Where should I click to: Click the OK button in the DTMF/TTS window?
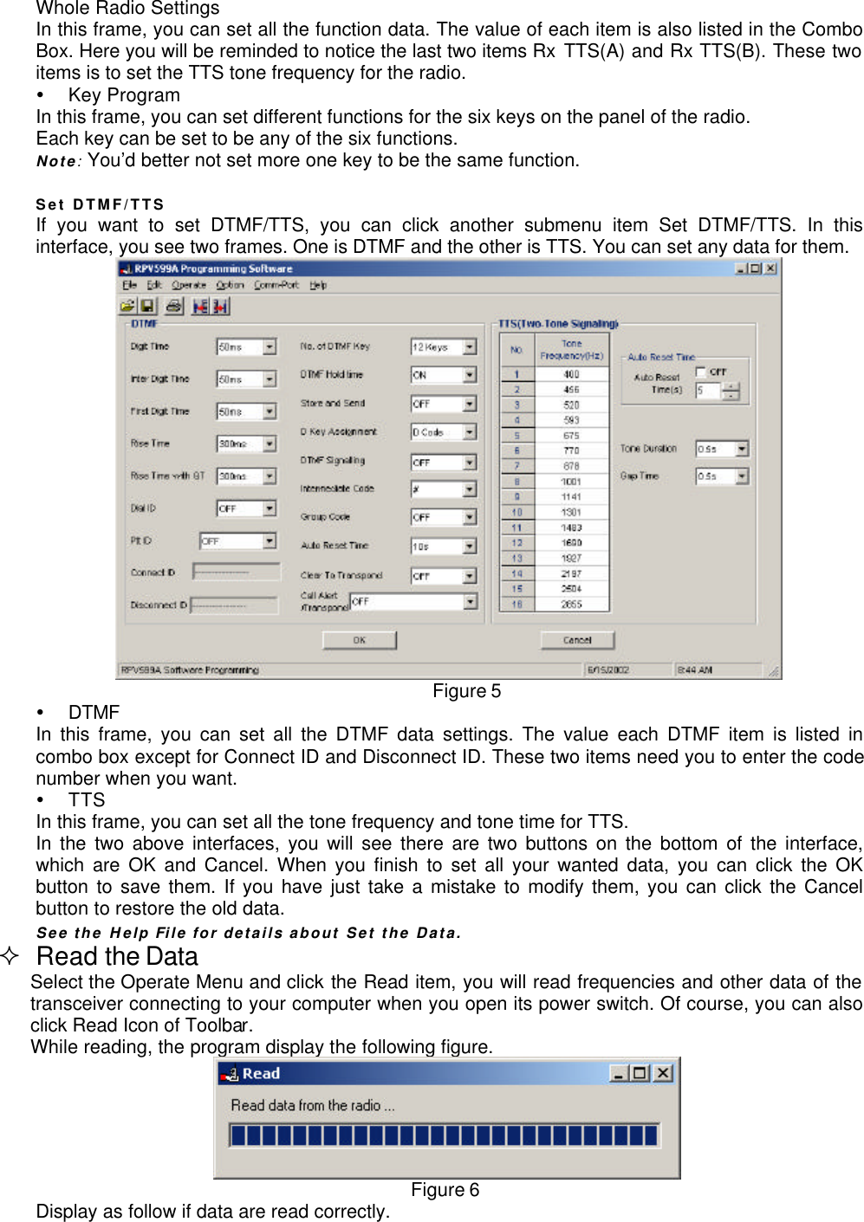pyautogui.click(x=359, y=640)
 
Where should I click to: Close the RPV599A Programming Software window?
pyautogui.click(x=770, y=268)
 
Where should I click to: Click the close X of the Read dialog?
pyautogui.click(x=663, y=1073)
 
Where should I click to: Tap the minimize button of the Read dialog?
pyautogui.click(x=619, y=1073)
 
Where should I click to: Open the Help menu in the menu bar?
pyautogui.click(x=318, y=285)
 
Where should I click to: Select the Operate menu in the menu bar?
pyautogui.click(x=188, y=285)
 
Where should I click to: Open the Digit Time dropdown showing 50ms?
pyautogui.click(x=270, y=346)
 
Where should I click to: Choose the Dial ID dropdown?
pyautogui.click(x=270, y=508)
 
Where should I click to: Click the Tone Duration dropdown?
pyautogui.click(x=742, y=449)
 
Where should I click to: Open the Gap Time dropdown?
pyautogui.click(x=742, y=476)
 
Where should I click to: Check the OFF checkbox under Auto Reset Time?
pyautogui.click(x=701, y=372)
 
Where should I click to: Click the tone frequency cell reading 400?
pyautogui.click(x=571, y=375)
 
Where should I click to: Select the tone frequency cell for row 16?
pyautogui.click(x=571, y=605)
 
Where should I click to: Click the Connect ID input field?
pyautogui.click(x=236, y=572)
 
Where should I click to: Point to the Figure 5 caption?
pyautogui.click(x=466, y=691)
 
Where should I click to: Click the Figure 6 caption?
pyautogui.click(x=445, y=1190)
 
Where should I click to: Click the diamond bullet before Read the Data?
pyautogui.click(x=10, y=956)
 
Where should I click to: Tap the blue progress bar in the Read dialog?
pyautogui.click(x=444, y=1135)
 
